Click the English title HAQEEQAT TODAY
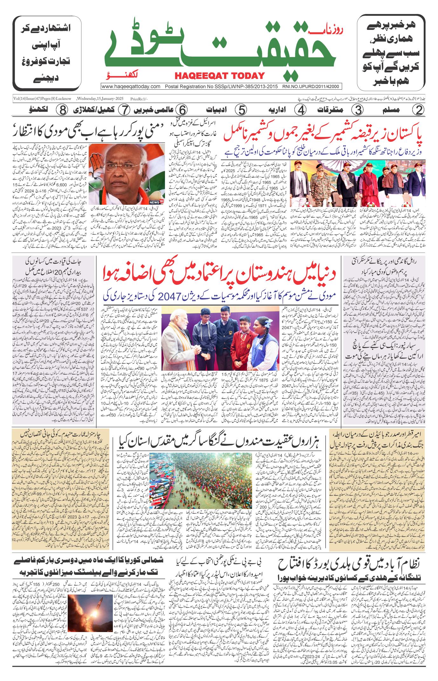point(219,76)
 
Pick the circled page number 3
point(357,110)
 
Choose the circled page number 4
point(300,110)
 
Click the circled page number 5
point(242,110)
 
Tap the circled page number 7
point(125,110)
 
